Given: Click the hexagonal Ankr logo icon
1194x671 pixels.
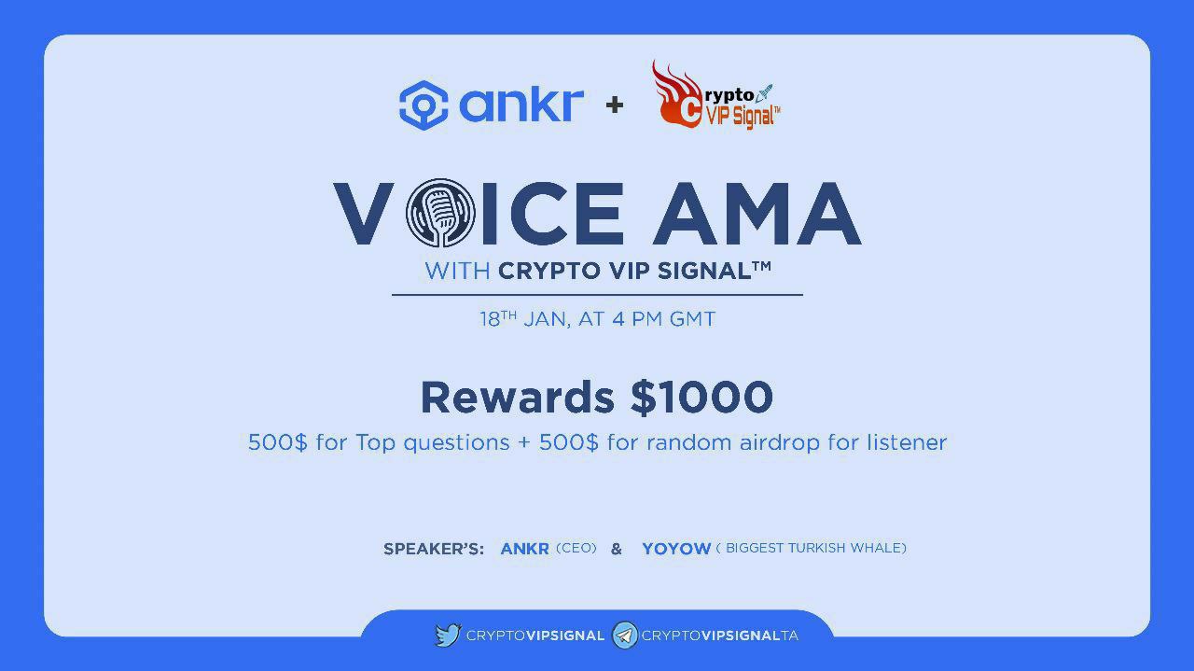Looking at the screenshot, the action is (x=423, y=105).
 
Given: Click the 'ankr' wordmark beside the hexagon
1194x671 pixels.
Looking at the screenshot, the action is (x=521, y=105).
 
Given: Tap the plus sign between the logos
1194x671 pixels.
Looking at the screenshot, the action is (x=615, y=105).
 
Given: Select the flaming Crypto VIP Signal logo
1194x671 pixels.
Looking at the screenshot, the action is (x=715, y=95).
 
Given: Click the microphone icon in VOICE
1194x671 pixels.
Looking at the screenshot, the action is (x=440, y=212).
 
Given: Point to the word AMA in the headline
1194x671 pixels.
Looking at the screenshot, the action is (x=757, y=214).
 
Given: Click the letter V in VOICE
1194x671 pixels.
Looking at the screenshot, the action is (x=364, y=214).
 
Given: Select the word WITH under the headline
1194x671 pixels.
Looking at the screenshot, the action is (x=457, y=272).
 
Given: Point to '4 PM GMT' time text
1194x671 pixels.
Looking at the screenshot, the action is (x=663, y=319).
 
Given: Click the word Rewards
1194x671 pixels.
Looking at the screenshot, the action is (x=518, y=398).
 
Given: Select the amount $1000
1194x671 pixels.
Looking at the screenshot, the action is (x=701, y=398).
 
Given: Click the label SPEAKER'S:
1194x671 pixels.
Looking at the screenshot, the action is (x=434, y=549).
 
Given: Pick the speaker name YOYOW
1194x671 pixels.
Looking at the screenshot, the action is (x=676, y=549).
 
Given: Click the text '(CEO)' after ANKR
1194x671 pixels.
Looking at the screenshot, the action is (x=576, y=549).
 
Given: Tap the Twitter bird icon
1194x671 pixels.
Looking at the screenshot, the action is (x=448, y=636).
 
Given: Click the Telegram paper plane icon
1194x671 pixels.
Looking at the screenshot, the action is (x=625, y=636).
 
